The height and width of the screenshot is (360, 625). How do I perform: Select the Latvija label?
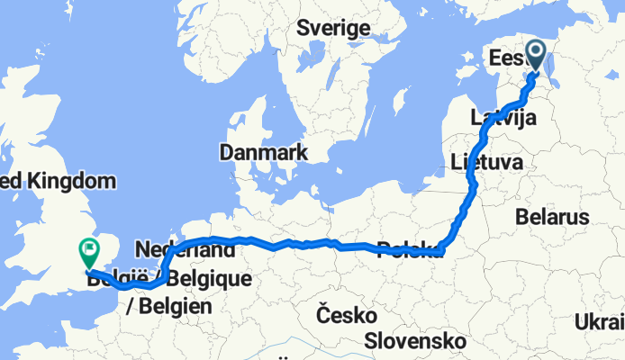pyautogui.click(x=503, y=117)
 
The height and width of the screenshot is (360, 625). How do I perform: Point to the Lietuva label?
pyautogui.click(x=486, y=163)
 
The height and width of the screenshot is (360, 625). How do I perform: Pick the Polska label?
pyautogui.click(x=410, y=249)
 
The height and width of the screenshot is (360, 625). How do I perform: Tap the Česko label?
pyautogui.click(x=346, y=315)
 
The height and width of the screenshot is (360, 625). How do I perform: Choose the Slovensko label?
pyautogui.click(x=416, y=341)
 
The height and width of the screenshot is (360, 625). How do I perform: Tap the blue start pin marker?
pyautogui.click(x=537, y=56)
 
